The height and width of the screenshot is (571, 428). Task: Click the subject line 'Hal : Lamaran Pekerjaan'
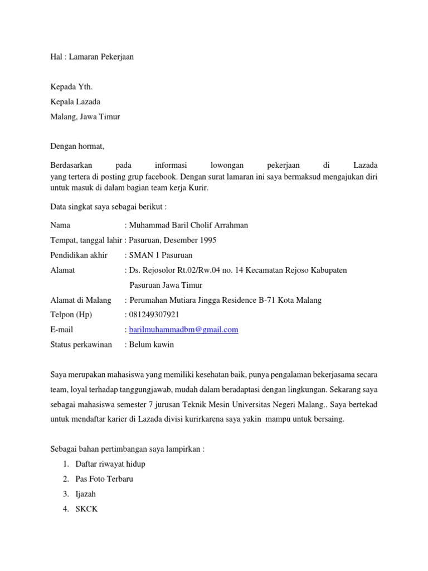[x=92, y=57]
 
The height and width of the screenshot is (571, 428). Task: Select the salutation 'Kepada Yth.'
[x=71, y=87]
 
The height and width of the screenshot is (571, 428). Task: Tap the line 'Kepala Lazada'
[x=75, y=102]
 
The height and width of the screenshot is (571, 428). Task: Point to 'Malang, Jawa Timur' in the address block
[x=85, y=117]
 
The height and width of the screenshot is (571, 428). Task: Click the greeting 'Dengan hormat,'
[x=77, y=147]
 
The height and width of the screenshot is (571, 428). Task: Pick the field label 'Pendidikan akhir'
[x=79, y=255]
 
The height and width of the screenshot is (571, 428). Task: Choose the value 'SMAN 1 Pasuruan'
[x=160, y=255]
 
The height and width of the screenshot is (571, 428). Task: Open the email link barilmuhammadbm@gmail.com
[x=183, y=330]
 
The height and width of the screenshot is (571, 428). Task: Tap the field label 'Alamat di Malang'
[x=81, y=300]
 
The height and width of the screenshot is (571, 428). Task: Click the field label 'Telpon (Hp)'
[x=71, y=315]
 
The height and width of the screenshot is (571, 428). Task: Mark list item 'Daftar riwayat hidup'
[x=110, y=464]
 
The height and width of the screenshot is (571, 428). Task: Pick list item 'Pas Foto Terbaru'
[x=104, y=479]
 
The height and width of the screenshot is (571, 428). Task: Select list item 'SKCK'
[x=86, y=509]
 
